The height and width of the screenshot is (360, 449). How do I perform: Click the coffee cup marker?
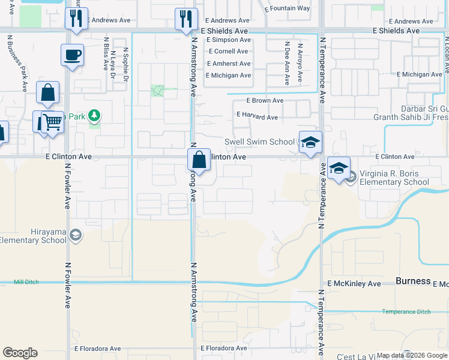[72, 56]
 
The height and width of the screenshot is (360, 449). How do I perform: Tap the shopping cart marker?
[52, 123]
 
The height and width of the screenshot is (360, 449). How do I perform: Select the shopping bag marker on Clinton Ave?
[199, 160]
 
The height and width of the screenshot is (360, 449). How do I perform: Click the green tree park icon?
[94, 115]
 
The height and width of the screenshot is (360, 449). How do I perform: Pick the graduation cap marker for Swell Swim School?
[310, 143]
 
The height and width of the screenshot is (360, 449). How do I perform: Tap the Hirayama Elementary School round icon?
[76, 235]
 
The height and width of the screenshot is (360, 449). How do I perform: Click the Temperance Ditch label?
[406, 311]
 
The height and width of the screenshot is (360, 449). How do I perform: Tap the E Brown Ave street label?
[265, 101]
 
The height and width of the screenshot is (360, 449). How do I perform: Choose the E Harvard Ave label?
[257, 116]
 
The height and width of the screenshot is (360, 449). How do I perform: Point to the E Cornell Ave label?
[228, 52]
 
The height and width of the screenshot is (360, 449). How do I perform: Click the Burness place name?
[413, 281]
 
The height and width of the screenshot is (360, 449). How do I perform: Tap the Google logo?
[20, 353]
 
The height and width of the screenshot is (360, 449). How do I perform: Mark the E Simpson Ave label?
[228, 40]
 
